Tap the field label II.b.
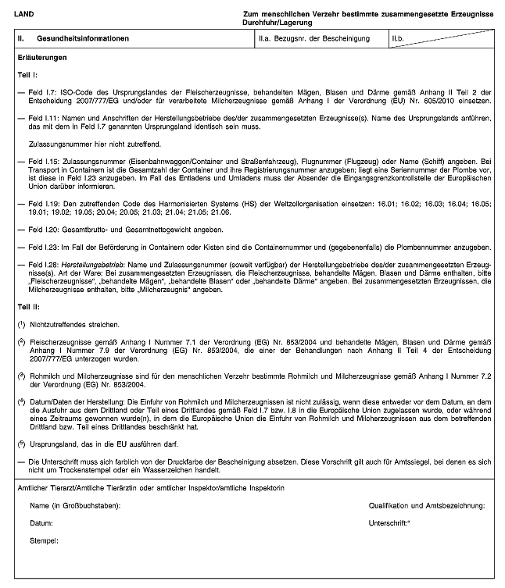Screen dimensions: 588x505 [x=400, y=38]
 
